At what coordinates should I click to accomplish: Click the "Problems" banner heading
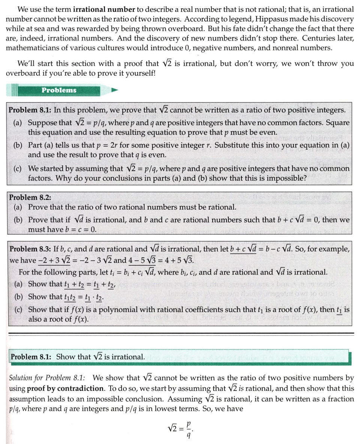[x=59, y=90]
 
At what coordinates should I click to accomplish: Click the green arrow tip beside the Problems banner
[x=115, y=90]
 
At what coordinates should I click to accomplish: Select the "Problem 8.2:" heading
[x=30, y=197]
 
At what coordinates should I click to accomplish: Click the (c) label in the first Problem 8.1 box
[x=17, y=169]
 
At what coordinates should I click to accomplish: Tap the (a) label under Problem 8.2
[x=17, y=207]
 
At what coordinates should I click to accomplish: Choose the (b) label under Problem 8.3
[x=17, y=297]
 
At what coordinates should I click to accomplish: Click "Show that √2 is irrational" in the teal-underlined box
[x=100, y=357]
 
